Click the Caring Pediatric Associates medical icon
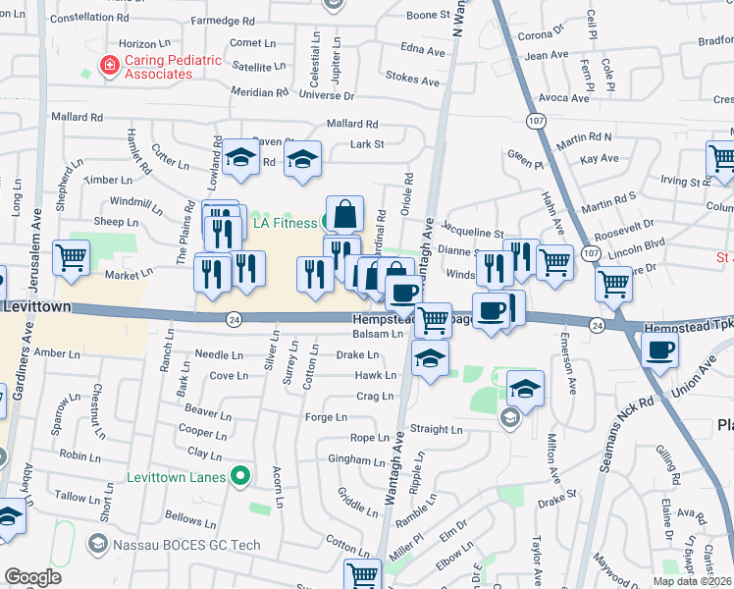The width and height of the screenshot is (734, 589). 109,66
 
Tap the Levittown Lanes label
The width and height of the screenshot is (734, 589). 181,477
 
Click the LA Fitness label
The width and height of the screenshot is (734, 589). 286,223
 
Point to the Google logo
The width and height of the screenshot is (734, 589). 32,577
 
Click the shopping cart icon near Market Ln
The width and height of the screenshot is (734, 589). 71,258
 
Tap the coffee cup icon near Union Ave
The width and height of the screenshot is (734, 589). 659,348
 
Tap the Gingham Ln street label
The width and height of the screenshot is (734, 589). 357,459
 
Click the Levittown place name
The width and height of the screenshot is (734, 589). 36,307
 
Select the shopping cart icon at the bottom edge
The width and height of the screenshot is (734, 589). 362,574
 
